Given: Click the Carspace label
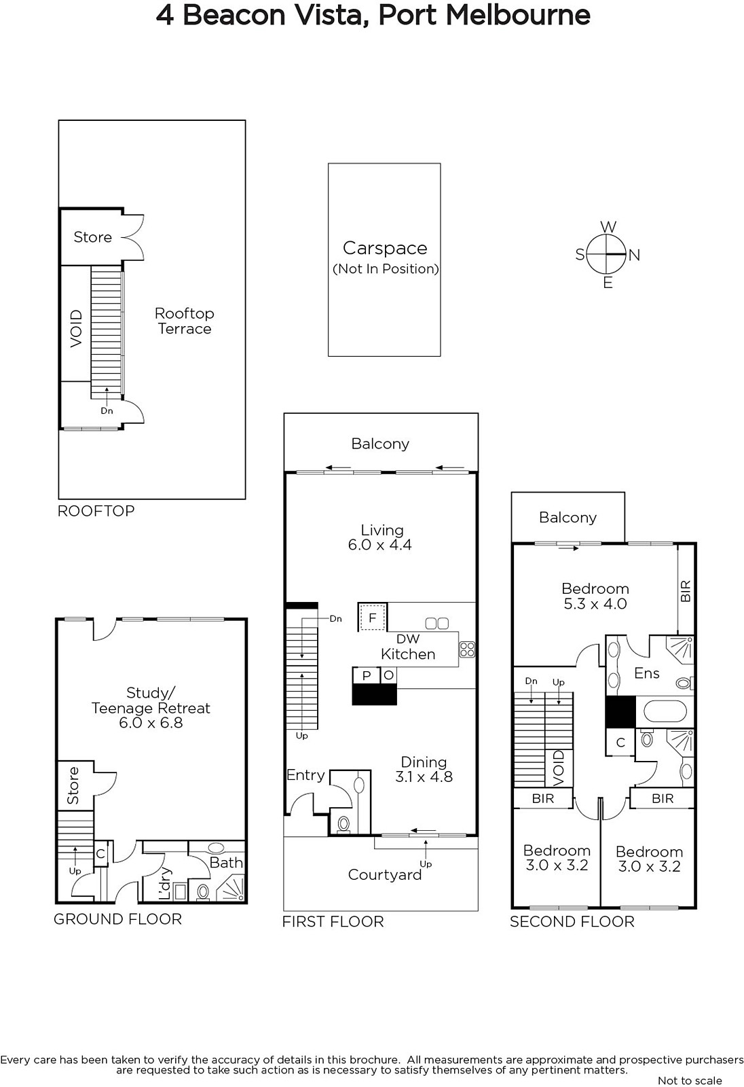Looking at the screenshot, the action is pos(385,248).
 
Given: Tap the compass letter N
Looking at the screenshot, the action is pos(635,255).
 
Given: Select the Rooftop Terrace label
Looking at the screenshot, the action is pos(184,321).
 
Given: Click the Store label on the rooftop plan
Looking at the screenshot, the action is pos(92,237).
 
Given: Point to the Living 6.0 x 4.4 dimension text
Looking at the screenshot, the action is pos(379,545).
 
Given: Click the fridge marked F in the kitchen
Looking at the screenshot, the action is pos(373,618).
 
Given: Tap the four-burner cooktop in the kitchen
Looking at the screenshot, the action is pos(467,649).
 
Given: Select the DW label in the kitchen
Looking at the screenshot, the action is pos(408,639).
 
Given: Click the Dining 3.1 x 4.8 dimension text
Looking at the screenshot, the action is pos(424,777).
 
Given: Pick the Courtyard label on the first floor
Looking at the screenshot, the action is pos(385,874).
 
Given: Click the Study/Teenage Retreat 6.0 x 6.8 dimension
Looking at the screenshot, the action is pos(151,723).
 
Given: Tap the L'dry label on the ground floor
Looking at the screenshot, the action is pos(166,883).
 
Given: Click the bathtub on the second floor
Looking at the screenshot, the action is pos(665,713).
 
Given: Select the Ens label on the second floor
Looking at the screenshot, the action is pos(647,673).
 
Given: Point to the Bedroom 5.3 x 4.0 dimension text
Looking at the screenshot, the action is pos(595,604).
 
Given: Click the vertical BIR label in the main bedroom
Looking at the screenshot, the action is pos(686,591).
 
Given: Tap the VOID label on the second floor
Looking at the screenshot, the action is pos(559,768).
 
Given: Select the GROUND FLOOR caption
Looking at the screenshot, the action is pos(117,919).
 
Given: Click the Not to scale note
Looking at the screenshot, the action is pos(690,1081).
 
